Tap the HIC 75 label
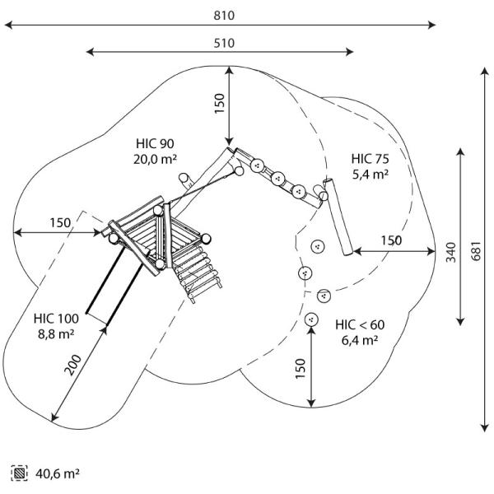370,159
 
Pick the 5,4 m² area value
370,174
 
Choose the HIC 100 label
57,318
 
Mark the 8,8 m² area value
57,333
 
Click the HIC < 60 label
360,324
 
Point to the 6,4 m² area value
360,339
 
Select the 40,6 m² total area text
58,473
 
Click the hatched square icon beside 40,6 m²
18,473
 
